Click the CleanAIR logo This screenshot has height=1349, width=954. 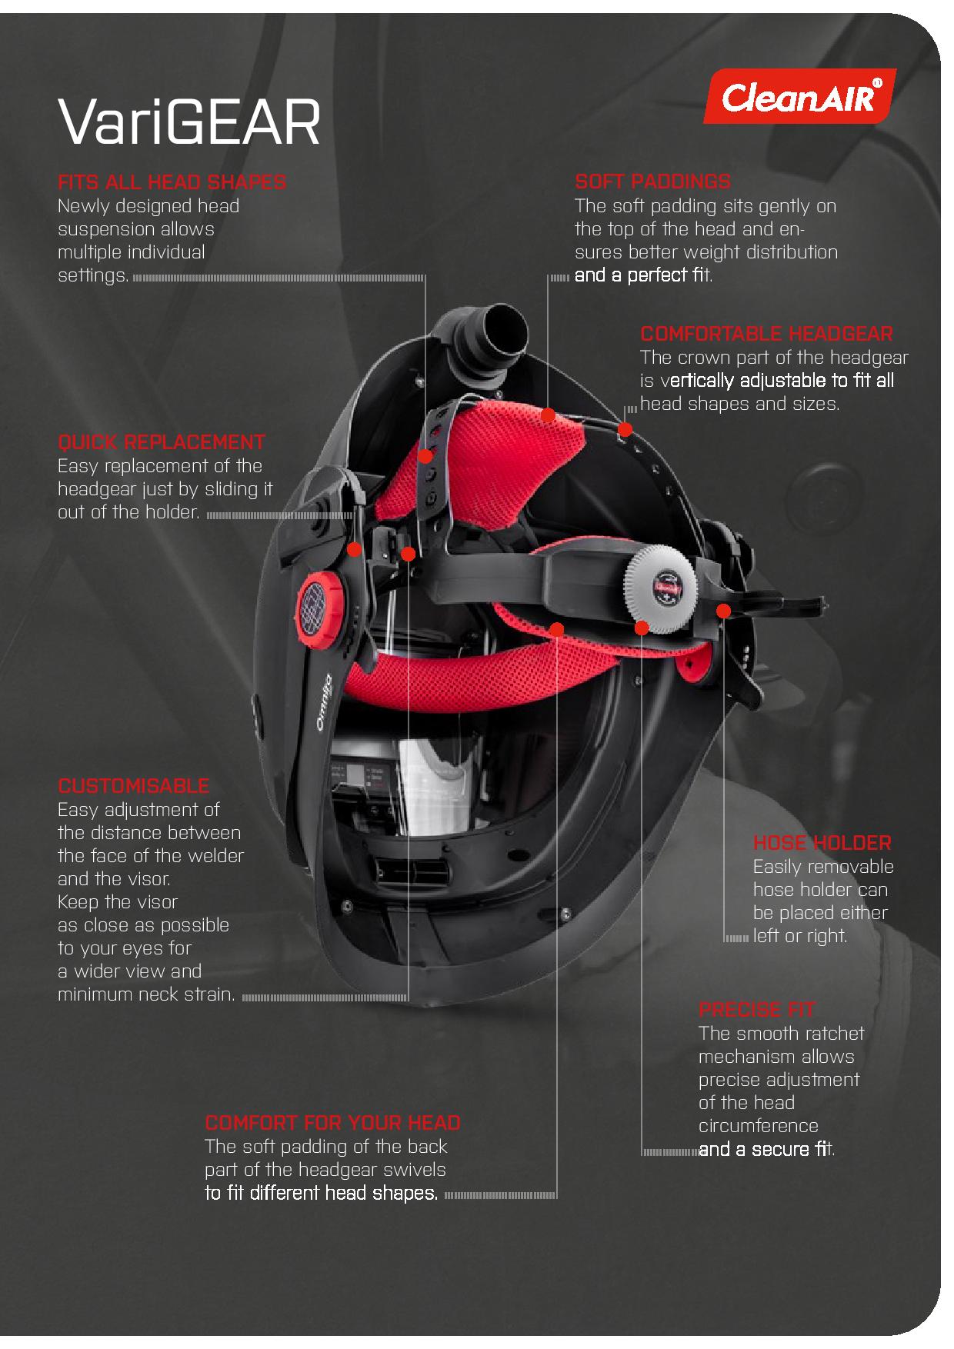pyautogui.click(x=800, y=96)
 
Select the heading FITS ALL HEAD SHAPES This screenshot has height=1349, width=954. pyautogui.click(x=172, y=182)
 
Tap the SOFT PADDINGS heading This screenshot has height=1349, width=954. pyautogui.click(x=652, y=182)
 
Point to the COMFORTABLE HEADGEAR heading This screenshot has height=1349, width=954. pyautogui.click(x=767, y=334)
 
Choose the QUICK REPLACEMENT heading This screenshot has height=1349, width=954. pyautogui.click(x=162, y=442)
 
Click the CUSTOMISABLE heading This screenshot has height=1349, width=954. pyautogui.click(x=134, y=786)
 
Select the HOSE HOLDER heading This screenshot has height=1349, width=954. pyautogui.click(x=822, y=843)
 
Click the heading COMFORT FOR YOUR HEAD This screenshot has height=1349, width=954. pyautogui.click(x=332, y=1123)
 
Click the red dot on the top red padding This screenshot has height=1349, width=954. pyautogui.click(x=548, y=415)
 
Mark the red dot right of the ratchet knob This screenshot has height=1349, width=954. pyautogui.click(x=723, y=611)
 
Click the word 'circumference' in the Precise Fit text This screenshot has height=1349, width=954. pyautogui.click(x=759, y=1126)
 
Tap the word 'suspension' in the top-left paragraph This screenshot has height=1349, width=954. pyautogui.click(x=105, y=230)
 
